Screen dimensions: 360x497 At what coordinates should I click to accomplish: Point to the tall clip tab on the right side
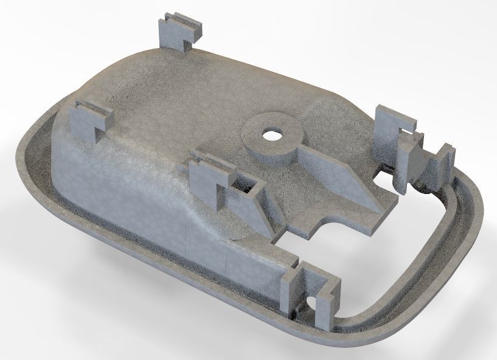[x=389, y=134]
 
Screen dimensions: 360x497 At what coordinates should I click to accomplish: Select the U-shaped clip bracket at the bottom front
[x=310, y=292]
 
